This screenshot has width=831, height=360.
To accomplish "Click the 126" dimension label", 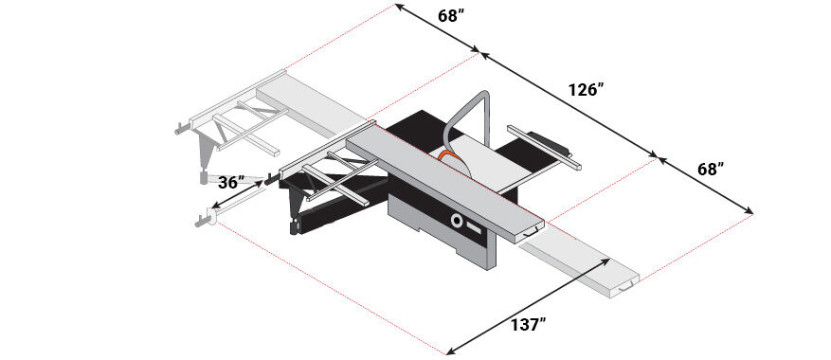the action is coord(587,90).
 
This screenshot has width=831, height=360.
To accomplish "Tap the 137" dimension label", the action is coord(529,325).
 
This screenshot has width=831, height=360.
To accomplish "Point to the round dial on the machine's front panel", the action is coord(456,220).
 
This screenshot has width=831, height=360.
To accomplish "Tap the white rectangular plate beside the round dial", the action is coord(475,228).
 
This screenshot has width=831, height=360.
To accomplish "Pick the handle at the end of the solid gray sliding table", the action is coord(532,232).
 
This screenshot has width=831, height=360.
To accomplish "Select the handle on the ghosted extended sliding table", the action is coord(626,286).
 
